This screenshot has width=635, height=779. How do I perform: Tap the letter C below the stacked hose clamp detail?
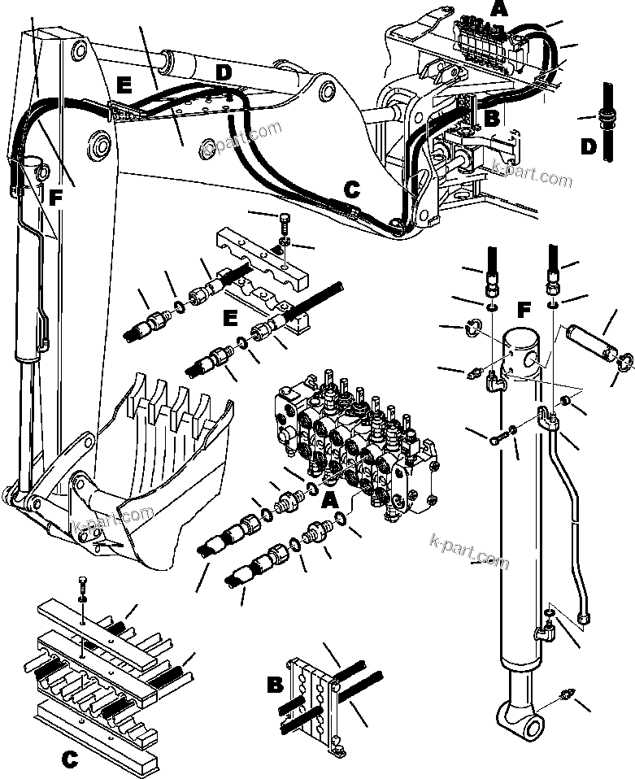point(70,761)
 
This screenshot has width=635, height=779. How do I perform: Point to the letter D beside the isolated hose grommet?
point(587,148)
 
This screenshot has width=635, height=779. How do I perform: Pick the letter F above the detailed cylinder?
point(525,310)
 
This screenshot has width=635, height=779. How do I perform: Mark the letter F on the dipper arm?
point(54,196)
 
